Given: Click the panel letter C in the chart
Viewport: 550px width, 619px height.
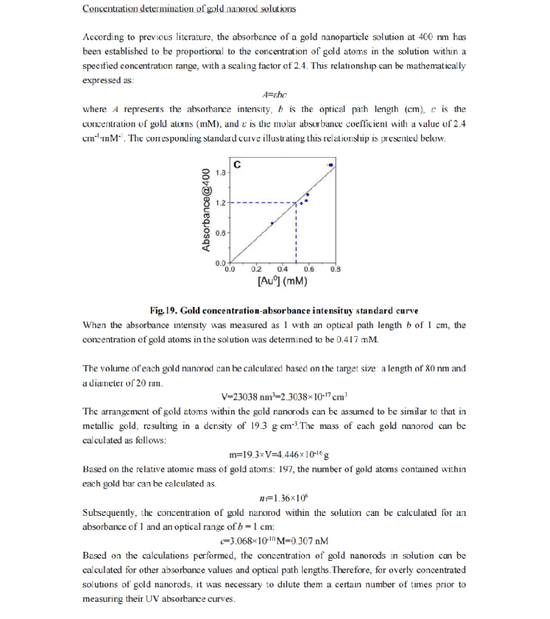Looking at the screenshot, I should (237, 165).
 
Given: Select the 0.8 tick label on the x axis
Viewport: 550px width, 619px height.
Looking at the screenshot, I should (335, 269).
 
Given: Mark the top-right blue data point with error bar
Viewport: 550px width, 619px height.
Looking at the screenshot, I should (330, 165).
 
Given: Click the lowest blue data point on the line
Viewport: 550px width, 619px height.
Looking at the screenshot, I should (272, 223).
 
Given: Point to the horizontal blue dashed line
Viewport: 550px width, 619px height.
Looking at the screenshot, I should (263, 203).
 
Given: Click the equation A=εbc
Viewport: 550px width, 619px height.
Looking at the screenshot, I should (274, 94).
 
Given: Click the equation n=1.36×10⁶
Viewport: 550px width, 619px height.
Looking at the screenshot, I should (274, 497).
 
